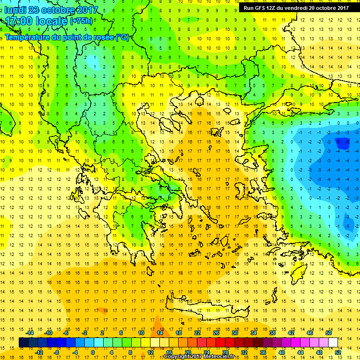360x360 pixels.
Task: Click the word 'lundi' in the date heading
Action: [x=15, y=10]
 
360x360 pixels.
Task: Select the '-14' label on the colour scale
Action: [x=30, y=332]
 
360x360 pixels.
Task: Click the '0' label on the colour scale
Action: [x=92, y=352]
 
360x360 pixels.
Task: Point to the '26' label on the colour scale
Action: [x=216, y=332]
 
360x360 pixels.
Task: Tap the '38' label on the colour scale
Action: [x=272, y=332]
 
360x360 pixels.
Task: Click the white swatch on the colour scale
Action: [x=333, y=343]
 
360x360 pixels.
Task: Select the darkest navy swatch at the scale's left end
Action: [x=23, y=343]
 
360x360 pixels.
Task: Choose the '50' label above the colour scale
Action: [x=328, y=332]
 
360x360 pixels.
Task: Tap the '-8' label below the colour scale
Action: [x=57, y=352]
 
